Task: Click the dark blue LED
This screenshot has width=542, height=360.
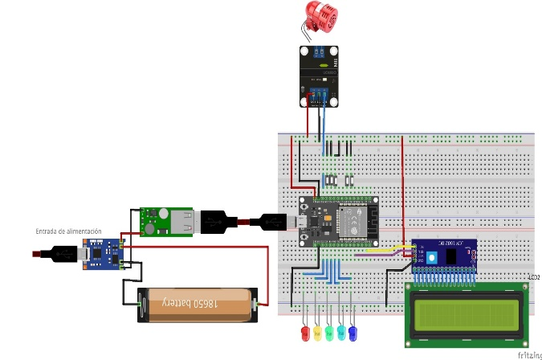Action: click(353, 332)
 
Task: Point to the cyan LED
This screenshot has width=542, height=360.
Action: click(341, 332)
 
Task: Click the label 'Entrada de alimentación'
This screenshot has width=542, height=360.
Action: click(69, 231)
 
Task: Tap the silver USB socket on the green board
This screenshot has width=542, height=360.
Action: click(185, 220)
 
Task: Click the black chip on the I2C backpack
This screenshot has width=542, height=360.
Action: click(454, 256)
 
